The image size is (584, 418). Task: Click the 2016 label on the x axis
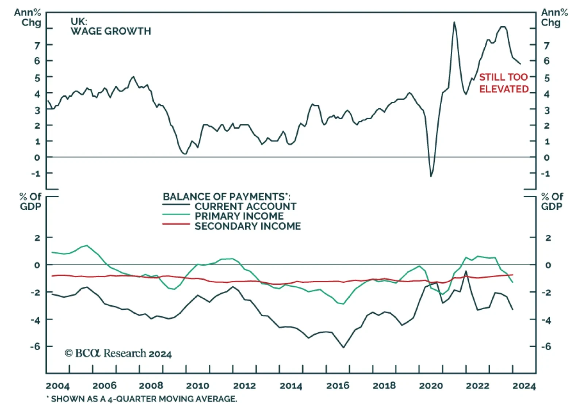coord(338,386)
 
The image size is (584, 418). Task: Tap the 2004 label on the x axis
coord(58,386)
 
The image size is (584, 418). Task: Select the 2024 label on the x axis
coord(524,386)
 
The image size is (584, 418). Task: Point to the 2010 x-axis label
coord(197,386)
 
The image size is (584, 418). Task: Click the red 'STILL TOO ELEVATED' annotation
coord(504,83)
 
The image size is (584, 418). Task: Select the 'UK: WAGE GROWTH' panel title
coord(111,26)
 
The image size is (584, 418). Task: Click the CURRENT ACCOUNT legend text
coord(245,206)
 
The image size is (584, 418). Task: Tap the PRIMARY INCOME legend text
coord(239,216)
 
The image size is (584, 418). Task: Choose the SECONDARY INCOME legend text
coord(248,226)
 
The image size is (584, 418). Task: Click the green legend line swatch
coord(176,215)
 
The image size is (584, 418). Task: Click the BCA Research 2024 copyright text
coord(118,353)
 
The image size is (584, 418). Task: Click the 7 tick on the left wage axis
coord(37,46)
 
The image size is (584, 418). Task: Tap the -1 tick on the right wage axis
coord(546,174)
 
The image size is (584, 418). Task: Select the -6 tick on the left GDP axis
coord(35,347)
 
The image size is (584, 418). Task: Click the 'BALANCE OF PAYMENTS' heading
coord(226,197)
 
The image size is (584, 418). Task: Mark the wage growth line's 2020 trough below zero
coord(431,177)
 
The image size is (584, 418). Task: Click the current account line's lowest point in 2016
coord(343,348)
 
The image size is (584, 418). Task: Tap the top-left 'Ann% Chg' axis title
coord(28,18)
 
